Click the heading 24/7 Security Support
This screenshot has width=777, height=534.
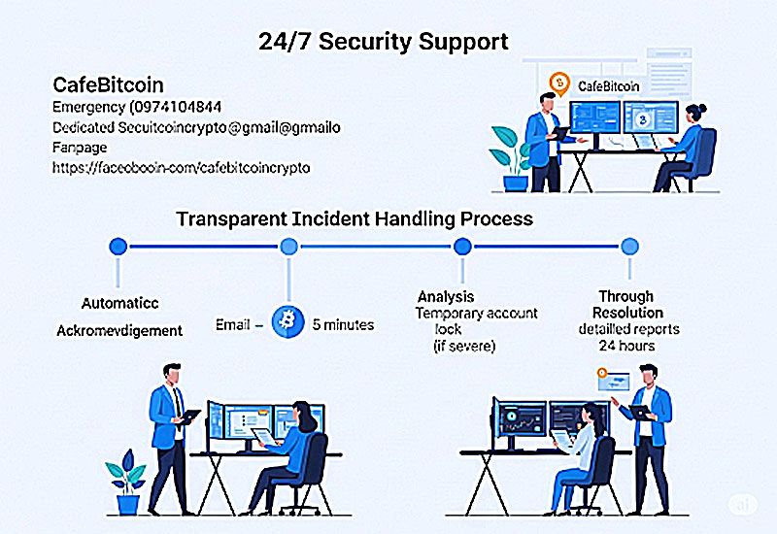(x=383, y=42)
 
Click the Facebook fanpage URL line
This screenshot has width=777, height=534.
(x=181, y=167)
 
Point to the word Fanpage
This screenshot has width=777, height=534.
(x=80, y=148)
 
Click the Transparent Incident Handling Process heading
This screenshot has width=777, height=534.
(x=355, y=218)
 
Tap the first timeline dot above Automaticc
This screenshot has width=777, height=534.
(x=118, y=247)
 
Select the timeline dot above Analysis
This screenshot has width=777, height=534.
(x=462, y=247)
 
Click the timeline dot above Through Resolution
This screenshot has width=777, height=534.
(x=629, y=247)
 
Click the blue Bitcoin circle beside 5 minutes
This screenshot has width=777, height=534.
(x=287, y=322)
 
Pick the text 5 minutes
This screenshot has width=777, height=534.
(x=344, y=323)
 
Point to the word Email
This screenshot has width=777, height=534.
(x=234, y=323)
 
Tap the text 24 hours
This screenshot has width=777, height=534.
(x=626, y=346)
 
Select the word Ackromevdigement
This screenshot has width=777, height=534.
(x=119, y=330)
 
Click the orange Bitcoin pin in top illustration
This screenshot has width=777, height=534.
(x=557, y=83)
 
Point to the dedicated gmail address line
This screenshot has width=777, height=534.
(x=196, y=127)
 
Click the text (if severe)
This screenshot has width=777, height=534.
(x=465, y=346)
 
